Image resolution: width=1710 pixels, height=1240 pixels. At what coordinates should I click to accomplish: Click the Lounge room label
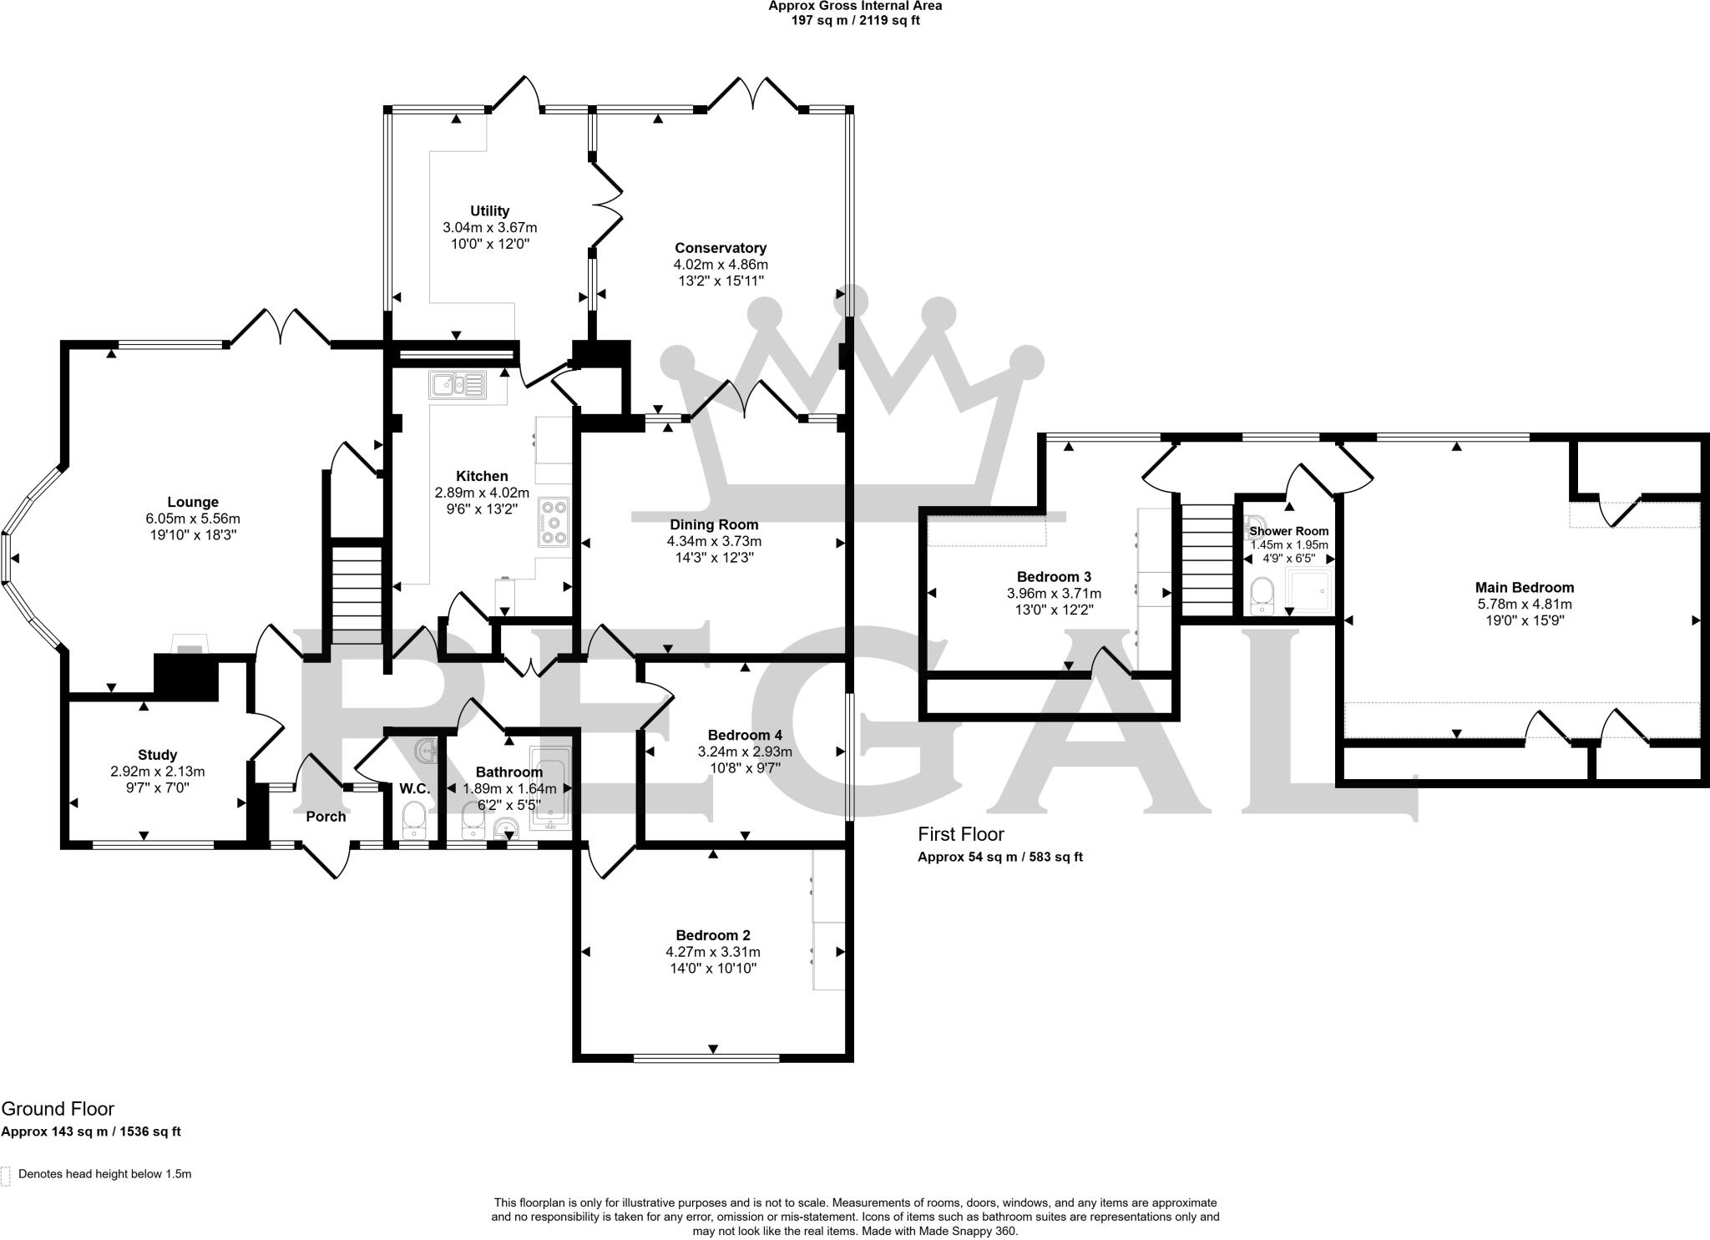pyautogui.click(x=193, y=502)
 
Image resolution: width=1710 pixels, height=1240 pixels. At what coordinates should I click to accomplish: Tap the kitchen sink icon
pyautogui.click(x=457, y=385)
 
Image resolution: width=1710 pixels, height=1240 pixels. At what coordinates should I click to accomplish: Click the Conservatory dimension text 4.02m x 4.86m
pyautogui.click(x=721, y=265)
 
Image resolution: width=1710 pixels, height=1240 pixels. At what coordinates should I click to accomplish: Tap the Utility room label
pyautogui.click(x=489, y=211)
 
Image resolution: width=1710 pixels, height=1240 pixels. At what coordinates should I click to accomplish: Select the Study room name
pyautogui.click(x=157, y=755)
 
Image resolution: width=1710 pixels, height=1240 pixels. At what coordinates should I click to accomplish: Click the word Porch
pyautogui.click(x=326, y=817)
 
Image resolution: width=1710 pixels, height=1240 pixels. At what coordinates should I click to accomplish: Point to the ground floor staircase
pyautogui.click(x=357, y=595)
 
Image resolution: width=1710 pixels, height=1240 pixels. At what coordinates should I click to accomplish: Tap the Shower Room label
pyautogui.click(x=1289, y=531)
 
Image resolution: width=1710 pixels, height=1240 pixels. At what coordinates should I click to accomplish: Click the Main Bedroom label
pyautogui.click(x=1524, y=587)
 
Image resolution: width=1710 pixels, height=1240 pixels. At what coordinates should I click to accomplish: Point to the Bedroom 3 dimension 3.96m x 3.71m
pyautogui.click(x=1054, y=594)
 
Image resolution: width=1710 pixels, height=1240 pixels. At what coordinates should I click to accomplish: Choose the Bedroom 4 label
pyautogui.click(x=745, y=735)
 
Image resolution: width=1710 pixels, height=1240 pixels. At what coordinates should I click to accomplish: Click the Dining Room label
pyautogui.click(x=714, y=524)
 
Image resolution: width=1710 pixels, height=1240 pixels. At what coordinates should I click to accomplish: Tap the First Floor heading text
pyautogui.click(x=960, y=834)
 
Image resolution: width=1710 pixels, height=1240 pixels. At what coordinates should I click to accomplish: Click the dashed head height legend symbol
pyautogui.click(x=6, y=1175)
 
